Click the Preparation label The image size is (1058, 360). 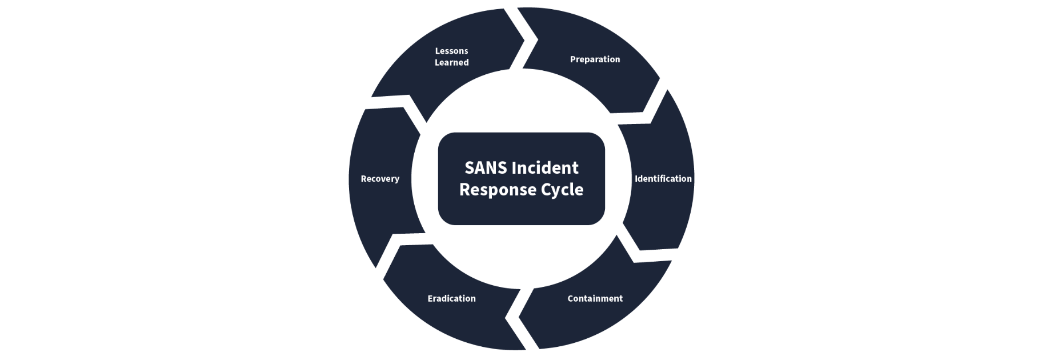coord(595,59)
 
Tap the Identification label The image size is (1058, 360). coord(663,179)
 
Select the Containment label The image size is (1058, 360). coord(595,298)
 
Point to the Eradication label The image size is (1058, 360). coord(451,298)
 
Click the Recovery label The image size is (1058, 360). coord(380,179)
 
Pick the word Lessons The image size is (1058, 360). coord(451,51)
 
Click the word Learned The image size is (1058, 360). coord(451,63)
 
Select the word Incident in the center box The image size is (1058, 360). coord(545,168)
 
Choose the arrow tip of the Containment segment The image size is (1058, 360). coord(519,317)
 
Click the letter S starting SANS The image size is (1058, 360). coord(469,168)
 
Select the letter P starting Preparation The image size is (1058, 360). coord(573,59)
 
